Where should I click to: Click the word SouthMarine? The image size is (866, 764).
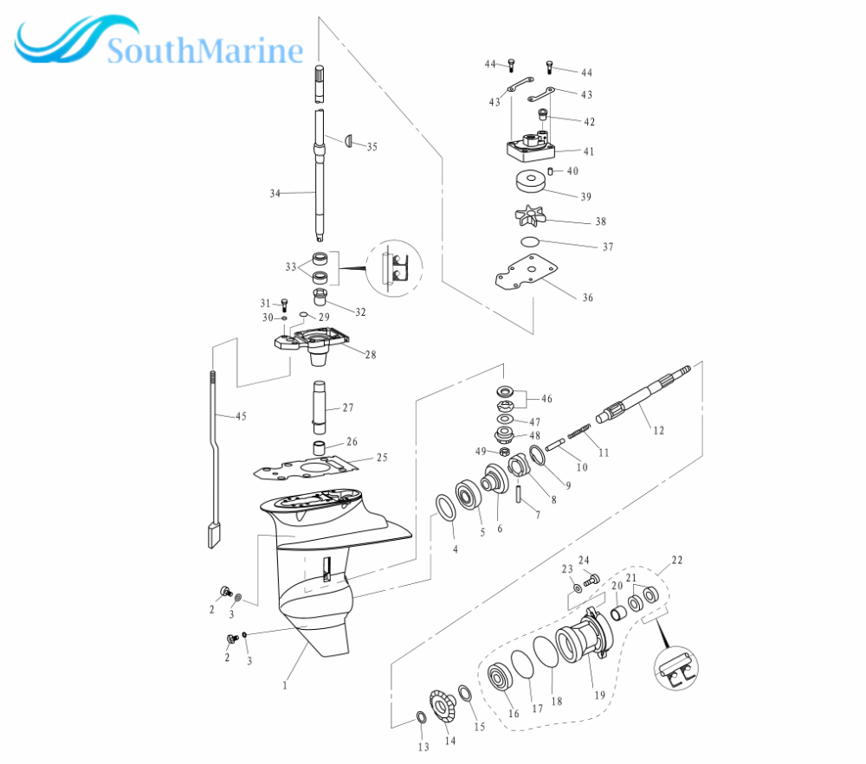(205, 51)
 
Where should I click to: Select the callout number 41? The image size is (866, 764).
(589, 151)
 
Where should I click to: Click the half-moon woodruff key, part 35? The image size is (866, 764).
(350, 140)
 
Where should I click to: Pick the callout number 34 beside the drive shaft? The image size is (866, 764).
(275, 193)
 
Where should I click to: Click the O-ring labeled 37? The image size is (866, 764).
(530, 241)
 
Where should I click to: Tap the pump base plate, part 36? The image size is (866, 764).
(527, 272)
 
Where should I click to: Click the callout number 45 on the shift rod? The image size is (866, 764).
(242, 416)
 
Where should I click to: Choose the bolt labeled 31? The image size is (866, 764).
(284, 305)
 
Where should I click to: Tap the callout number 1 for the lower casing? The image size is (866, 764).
(285, 685)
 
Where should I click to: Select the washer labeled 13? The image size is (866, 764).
(420, 717)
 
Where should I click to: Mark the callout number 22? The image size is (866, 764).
(677, 560)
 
